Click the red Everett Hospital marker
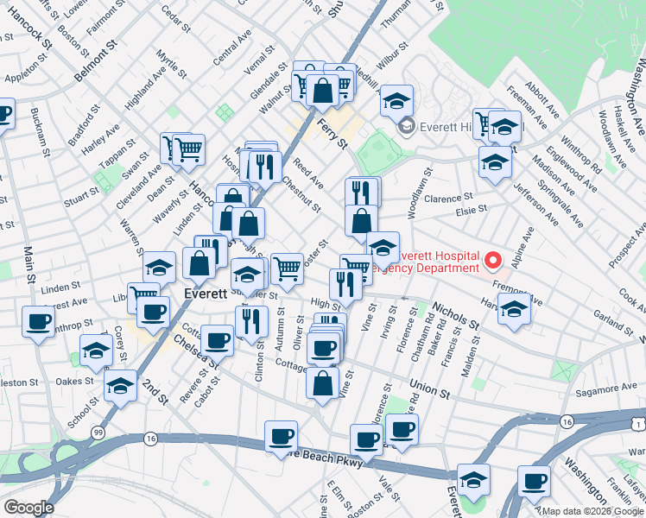491,259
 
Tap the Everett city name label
206,294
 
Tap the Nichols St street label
455,316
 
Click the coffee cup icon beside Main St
38,322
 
